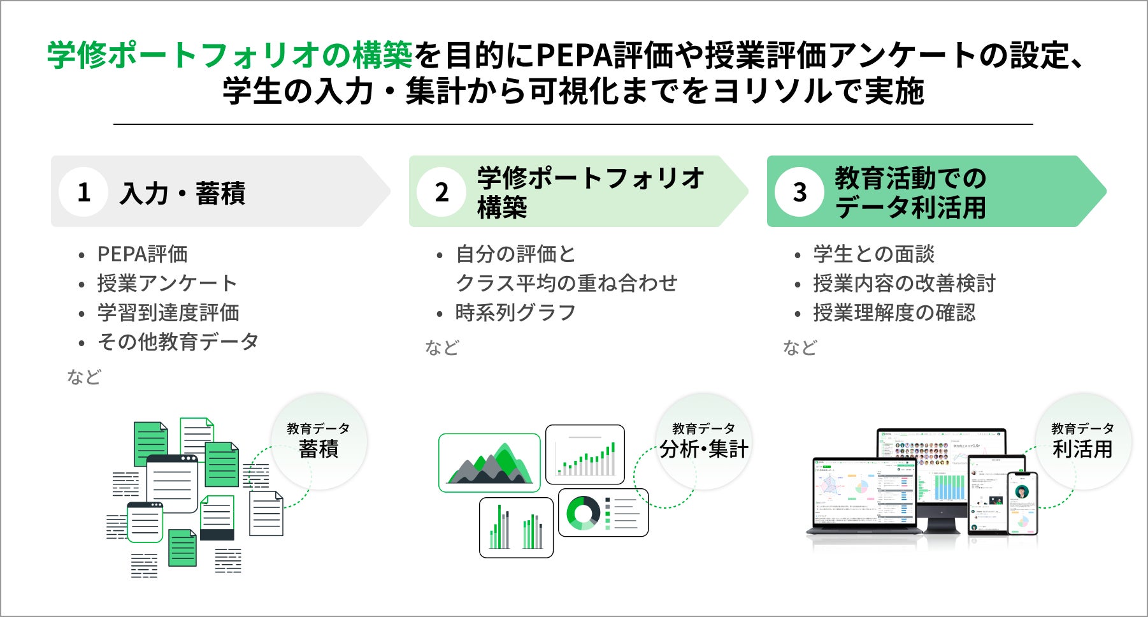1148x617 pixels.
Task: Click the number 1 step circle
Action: (x=83, y=192)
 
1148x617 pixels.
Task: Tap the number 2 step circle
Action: (x=441, y=192)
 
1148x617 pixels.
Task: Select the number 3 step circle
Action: (x=800, y=192)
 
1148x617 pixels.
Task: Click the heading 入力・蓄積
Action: (x=183, y=193)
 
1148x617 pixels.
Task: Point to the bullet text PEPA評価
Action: (x=142, y=254)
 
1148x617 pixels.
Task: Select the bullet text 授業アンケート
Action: (x=167, y=284)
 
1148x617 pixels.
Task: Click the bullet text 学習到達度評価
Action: (x=168, y=313)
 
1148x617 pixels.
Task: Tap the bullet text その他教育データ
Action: (x=178, y=342)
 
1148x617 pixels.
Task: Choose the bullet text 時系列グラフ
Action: (x=515, y=313)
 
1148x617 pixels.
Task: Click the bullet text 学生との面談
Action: (x=873, y=254)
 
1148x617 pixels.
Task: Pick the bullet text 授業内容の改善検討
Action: (x=904, y=284)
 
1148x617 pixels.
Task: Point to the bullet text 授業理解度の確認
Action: (x=894, y=313)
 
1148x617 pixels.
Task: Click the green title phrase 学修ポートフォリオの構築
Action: (x=230, y=55)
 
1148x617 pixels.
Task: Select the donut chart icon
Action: (x=582, y=513)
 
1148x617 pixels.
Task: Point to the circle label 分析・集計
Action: (x=704, y=449)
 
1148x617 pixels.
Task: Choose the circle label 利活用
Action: (x=1082, y=449)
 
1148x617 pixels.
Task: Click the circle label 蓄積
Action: (x=319, y=449)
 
